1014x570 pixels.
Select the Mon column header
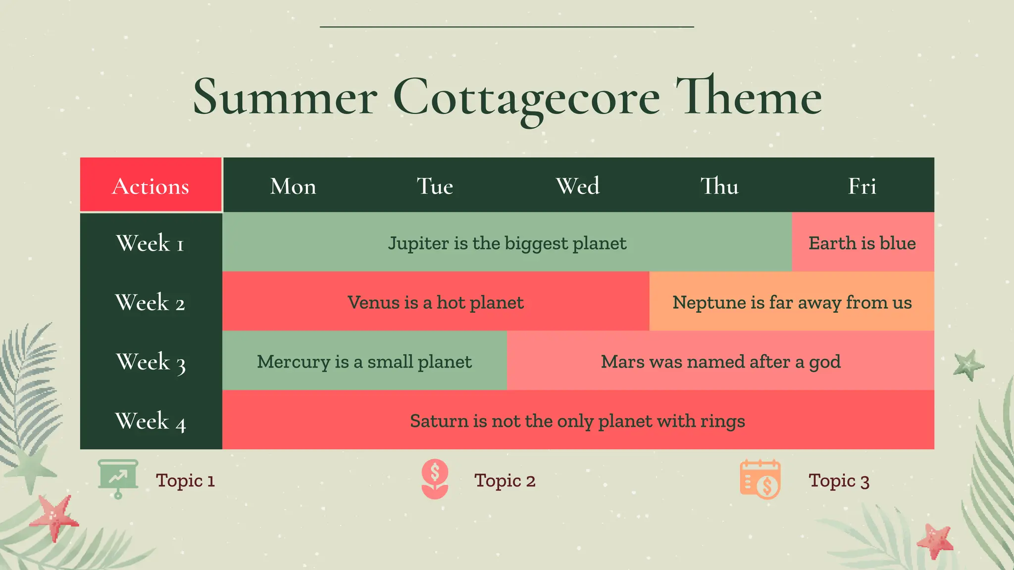click(x=293, y=186)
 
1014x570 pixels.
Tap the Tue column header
click(x=435, y=186)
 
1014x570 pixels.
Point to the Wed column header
click(x=578, y=186)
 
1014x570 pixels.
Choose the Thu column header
click(x=719, y=186)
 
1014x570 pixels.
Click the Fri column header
click(x=862, y=186)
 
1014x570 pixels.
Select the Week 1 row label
click(x=151, y=243)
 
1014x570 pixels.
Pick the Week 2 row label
click(x=151, y=302)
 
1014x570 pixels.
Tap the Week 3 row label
click(x=151, y=362)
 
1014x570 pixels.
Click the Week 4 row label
click(x=151, y=421)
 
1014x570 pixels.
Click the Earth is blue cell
click(x=862, y=242)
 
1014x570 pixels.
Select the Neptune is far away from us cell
click(x=792, y=302)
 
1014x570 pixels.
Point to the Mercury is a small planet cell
click(x=364, y=361)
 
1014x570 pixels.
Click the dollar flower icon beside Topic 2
click(x=435, y=478)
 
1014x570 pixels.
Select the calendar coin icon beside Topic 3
click(x=760, y=479)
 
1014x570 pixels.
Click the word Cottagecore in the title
click(x=526, y=97)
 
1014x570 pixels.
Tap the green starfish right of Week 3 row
click(x=968, y=365)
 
